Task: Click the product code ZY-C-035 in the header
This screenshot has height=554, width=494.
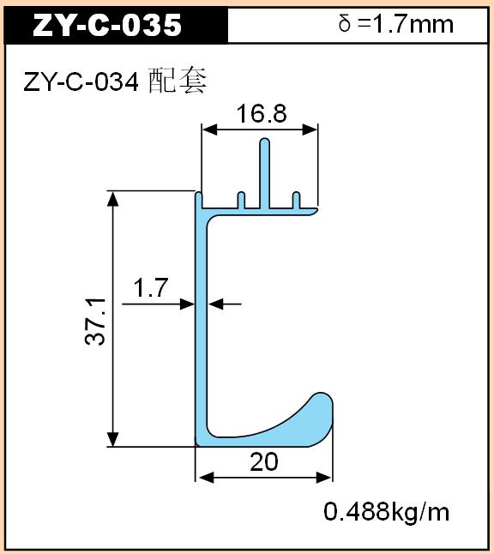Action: point(107,25)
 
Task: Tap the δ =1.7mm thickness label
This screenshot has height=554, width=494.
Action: point(395,24)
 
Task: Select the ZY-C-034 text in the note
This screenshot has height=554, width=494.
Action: point(81,83)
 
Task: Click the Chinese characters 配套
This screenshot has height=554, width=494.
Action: point(178,81)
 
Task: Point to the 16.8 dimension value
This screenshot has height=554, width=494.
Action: point(262,114)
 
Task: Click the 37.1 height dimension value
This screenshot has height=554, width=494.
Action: point(95,322)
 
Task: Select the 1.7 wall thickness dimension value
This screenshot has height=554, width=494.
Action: point(151,288)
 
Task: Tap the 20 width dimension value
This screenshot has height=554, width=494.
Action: point(264,461)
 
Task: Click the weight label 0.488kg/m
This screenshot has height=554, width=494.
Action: point(386,512)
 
